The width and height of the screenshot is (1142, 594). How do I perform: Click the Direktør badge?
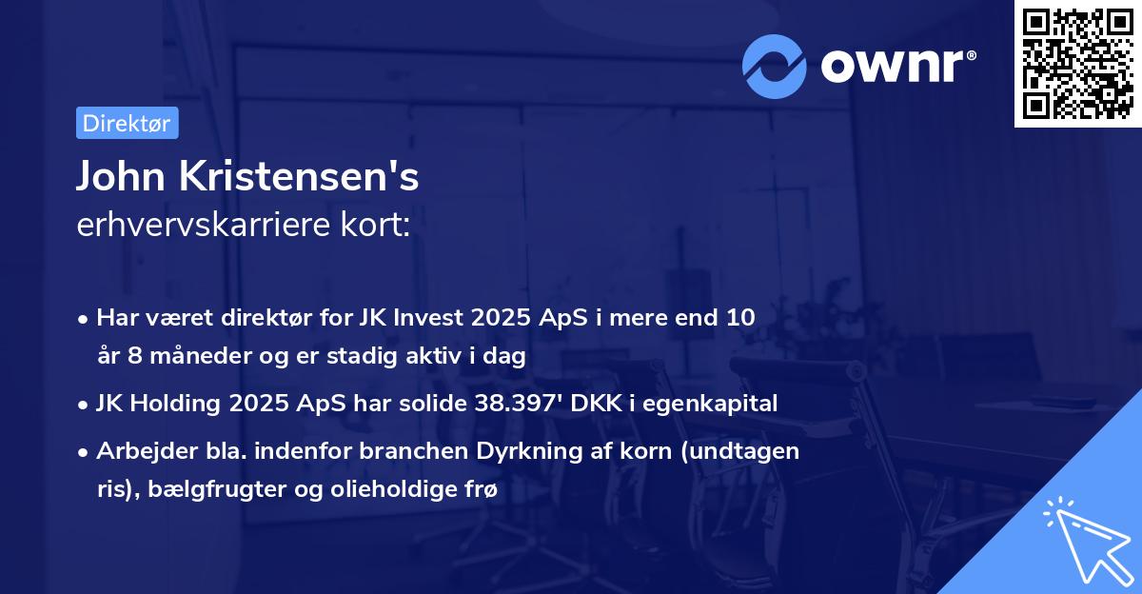(127, 124)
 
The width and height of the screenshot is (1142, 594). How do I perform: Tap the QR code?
(1076, 64)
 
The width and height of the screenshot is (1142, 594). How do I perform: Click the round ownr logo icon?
(775, 66)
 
